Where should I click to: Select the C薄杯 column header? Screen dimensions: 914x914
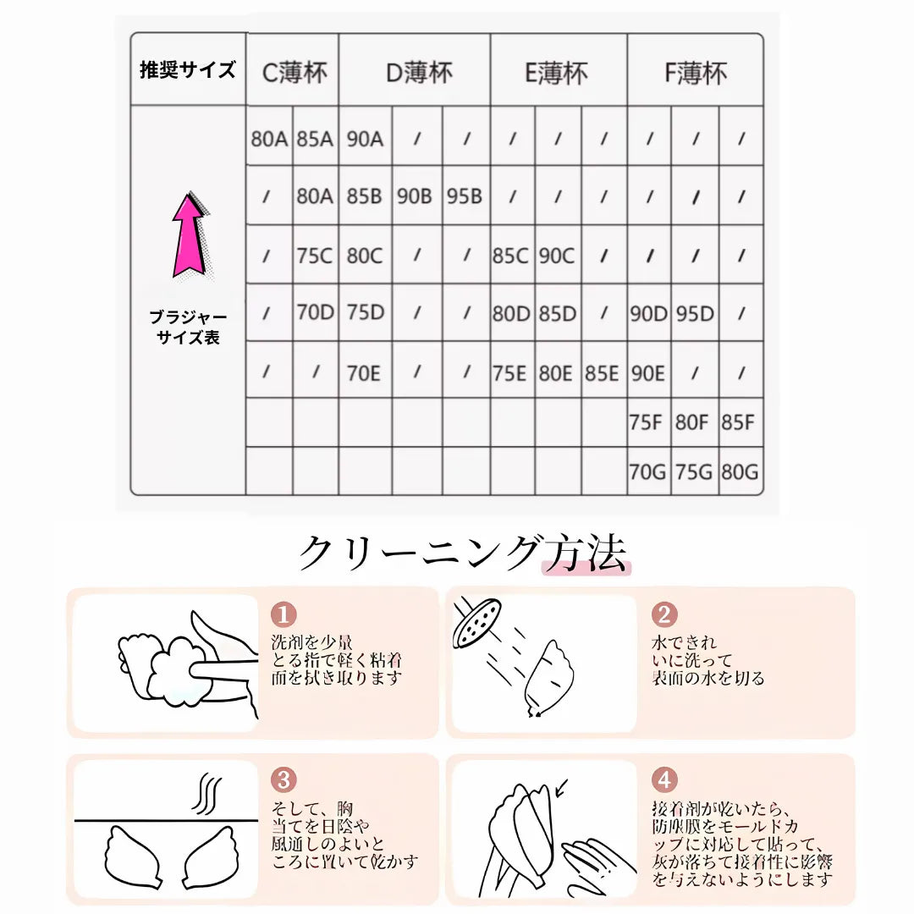pyautogui.click(x=293, y=72)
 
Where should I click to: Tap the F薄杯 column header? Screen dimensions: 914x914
pyautogui.click(x=695, y=72)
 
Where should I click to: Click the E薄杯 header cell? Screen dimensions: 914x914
pyautogui.click(x=559, y=72)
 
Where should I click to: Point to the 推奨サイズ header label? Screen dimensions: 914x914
pyautogui.click(x=188, y=70)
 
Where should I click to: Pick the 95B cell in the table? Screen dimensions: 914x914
pyautogui.click(x=465, y=196)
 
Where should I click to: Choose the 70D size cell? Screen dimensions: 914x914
pyautogui.click(x=315, y=313)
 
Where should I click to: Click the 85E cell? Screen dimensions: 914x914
pyautogui.click(x=603, y=373)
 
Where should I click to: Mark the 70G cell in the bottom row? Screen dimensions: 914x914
pyautogui.click(x=648, y=472)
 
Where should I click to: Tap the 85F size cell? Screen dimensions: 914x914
pyautogui.click(x=739, y=422)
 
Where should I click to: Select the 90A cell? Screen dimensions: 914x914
pyautogui.click(x=365, y=139)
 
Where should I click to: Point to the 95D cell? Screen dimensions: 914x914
pyautogui.click(x=695, y=314)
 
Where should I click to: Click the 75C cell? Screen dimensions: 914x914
pyautogui.click(x=315, y=256)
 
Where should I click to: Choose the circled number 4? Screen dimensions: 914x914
pyautogui.click(x=664, y=779)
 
